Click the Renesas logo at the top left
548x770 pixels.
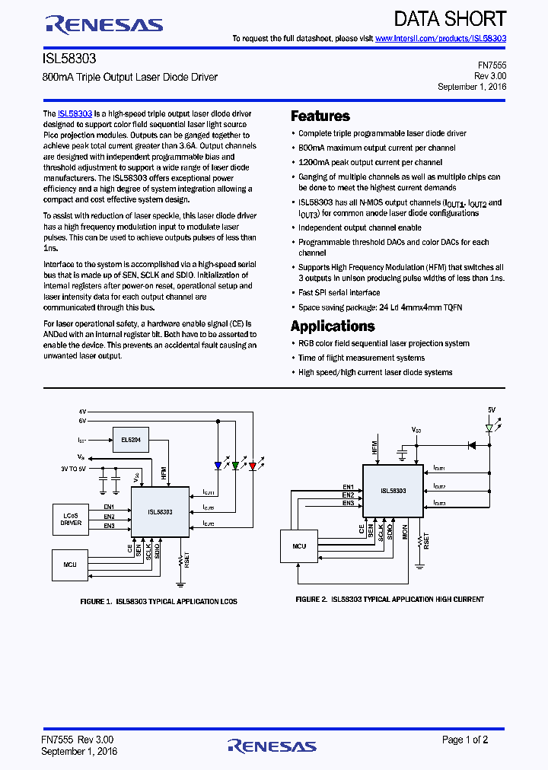click(x=104, y=25)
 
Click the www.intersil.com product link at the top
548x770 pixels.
click(x=441, y=38)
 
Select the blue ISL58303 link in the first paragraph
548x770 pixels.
click(x=75, y=113)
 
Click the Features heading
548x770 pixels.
click(x=320, y=116)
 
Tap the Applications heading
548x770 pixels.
click(x=333, y=326)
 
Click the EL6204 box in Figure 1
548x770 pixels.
click(x=130, y=440)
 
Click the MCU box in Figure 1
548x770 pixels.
click(x=71, y=565)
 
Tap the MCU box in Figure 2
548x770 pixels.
click(x=300, y=546)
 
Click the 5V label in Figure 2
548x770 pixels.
click(x=492, y=410)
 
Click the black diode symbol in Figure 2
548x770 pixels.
click(x=472, y=446)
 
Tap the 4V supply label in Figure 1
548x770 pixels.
click(x=82, y=411)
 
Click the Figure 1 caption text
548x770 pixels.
click(x=158, y=602)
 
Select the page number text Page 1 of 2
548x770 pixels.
click(x=465, y=740)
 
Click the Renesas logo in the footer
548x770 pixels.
click(x=272, y=745)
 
